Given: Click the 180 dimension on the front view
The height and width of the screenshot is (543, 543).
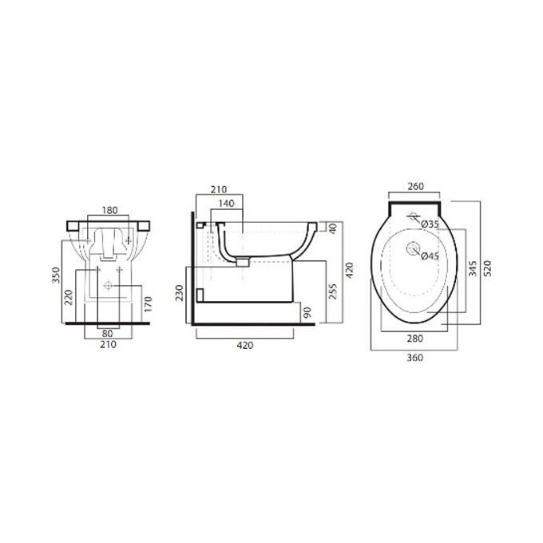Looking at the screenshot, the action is [109, 210].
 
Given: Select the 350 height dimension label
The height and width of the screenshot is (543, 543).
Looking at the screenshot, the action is [56, 275].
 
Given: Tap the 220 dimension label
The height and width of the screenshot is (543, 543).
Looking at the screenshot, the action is [69, 297].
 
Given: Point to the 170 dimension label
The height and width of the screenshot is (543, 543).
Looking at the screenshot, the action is [148, 303].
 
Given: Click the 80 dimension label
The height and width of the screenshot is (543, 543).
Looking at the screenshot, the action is [107, 334].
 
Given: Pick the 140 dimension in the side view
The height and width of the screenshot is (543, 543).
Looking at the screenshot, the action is [227, 204].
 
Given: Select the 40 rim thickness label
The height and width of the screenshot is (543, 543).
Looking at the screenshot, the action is [332, 228].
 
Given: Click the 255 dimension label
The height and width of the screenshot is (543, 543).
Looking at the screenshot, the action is [332, 291].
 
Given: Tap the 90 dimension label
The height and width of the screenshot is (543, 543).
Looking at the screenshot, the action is [307, 312].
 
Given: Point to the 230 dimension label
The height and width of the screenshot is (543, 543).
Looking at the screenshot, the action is [179, 292].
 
